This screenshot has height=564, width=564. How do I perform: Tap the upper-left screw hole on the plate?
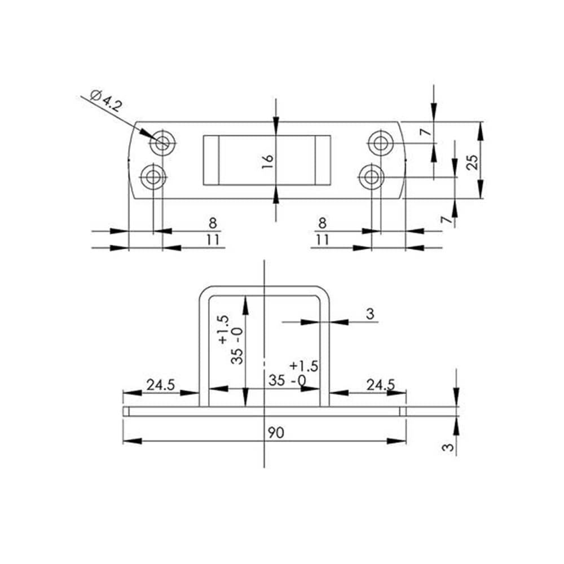(163, 143)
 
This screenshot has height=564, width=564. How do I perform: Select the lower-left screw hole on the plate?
(153, 177)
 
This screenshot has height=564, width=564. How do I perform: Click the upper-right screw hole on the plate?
(381, 143)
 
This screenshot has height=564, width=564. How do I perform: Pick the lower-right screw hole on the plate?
(372, 177)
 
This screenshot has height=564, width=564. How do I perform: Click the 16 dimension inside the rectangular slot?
(267, 162)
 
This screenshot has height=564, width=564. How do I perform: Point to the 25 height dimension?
(472, 162)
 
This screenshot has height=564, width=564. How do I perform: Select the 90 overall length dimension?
(276, 433)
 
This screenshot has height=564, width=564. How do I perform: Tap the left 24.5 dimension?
(160, 385)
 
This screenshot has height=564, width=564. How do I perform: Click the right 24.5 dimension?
(381, 385)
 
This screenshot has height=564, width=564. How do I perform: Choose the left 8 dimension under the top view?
(213, 223)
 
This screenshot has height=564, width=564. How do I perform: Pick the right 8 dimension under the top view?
(322, 223)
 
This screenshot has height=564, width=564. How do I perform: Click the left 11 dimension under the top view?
(213, 240)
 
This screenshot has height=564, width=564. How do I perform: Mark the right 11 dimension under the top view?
(322, 240)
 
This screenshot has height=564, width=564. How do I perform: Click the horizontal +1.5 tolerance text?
(304, 366)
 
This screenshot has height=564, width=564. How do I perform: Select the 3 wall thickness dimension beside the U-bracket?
(370, 314)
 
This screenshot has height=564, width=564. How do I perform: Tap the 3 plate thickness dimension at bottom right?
(448, 447)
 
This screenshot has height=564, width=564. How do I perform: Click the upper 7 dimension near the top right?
(426, 132)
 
